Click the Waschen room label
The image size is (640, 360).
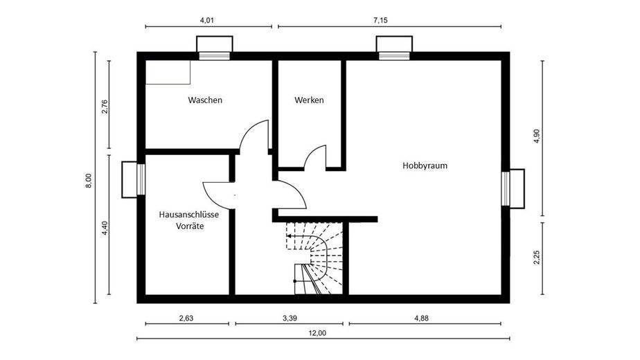(205, 100)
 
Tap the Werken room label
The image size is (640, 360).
(309, 100)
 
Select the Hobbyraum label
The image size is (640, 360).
(425, 165)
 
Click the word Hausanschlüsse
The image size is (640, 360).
(189, 215)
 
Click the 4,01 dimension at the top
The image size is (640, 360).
(206, 21)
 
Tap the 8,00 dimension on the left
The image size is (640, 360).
(88, 179)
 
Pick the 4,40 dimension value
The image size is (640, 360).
(105, 228)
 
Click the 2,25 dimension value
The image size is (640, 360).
(535, 258)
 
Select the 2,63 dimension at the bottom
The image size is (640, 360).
(186, 318)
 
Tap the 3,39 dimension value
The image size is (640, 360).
(290, 318)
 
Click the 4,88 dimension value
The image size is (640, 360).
(422, 318)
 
